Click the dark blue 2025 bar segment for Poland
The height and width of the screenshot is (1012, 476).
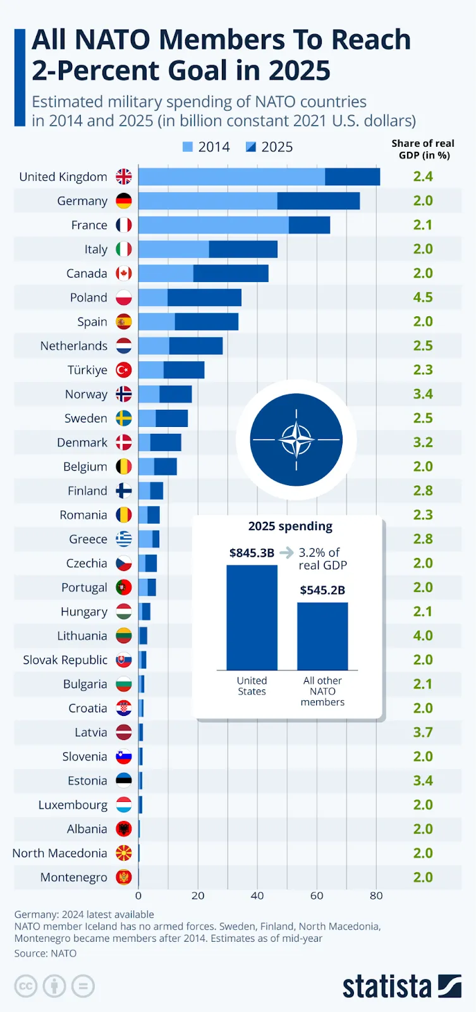pos(204,297)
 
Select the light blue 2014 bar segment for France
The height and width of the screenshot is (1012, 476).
pos(213,225)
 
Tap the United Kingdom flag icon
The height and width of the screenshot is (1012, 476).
pos(124,176)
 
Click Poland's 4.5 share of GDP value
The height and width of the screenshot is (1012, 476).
pos(423,297)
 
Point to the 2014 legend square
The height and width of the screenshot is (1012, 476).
pos(187,147)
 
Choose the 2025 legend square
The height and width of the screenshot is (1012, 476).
pos(251,147)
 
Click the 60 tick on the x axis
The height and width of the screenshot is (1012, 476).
pos(317,896)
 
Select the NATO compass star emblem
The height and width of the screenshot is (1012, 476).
pos(296,440)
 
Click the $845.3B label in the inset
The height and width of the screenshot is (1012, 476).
pos(252,553)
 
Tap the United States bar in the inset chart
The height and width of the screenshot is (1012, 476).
pos(252,617)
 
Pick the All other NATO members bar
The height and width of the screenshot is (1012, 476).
pos(322,636)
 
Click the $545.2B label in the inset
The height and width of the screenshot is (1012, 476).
pos(322,590)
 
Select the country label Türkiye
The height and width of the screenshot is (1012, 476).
pos(87,370)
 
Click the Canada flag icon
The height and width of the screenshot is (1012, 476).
pos(124,273)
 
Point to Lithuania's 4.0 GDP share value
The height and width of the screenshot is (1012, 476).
pos(423,636)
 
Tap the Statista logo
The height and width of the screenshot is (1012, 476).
pos(401,986)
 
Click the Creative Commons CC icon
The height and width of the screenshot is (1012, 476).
pos(26,986)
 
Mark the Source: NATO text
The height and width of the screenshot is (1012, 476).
pos(46,953)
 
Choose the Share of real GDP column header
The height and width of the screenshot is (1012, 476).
pos(423,149)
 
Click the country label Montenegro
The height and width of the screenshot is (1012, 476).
pos(73,877)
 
